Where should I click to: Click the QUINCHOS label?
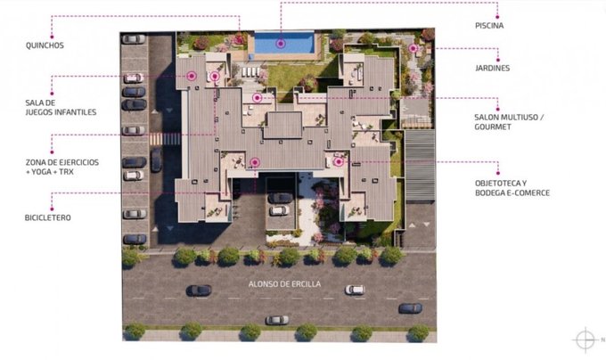pyautogui.click(x=45, y=45)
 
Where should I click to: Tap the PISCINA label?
pyautogui.click(x=489, y=26)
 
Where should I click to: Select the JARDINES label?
pyautogui.click(x=492, y=68)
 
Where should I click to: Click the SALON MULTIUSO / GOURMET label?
pyautogui.click(x=509, y=122)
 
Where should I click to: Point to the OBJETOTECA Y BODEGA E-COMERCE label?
pyautogui.click(x=512, y=188)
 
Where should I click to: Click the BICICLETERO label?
pyautogui.click(x=48, y=217)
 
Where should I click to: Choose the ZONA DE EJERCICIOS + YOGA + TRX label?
pyautogui.click(x=62, y=167)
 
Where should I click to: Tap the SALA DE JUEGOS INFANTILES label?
pyautogui.click(x=61, y=108)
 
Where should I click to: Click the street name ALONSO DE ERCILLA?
pyautogui.click(x=284, y=284)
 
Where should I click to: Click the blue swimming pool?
pyautogui.click(x=284, y=43)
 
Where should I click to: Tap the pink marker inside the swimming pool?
pyautogui.click(x=281, y=44)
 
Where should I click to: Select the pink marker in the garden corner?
pyautogui.click(x=414, y=48)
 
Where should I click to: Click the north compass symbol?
pyautogui.click(x=586, y=340)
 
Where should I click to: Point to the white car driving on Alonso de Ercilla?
pyautogui.click(x=355, y=290)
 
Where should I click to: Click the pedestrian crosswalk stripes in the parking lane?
pyautogui.click(x=165, y=139)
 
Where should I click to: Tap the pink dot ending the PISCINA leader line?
pyautogui.click(x=497, y=17)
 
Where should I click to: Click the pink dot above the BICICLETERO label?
pyautogui.click(x=52, y=209)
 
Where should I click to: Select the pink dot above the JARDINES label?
pyautogui.click(x=498, y=60)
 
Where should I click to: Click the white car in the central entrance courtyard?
pyautogui.click(x=279, y=210)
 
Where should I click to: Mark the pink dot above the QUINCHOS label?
pyautogui.click(x=52, y=37)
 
